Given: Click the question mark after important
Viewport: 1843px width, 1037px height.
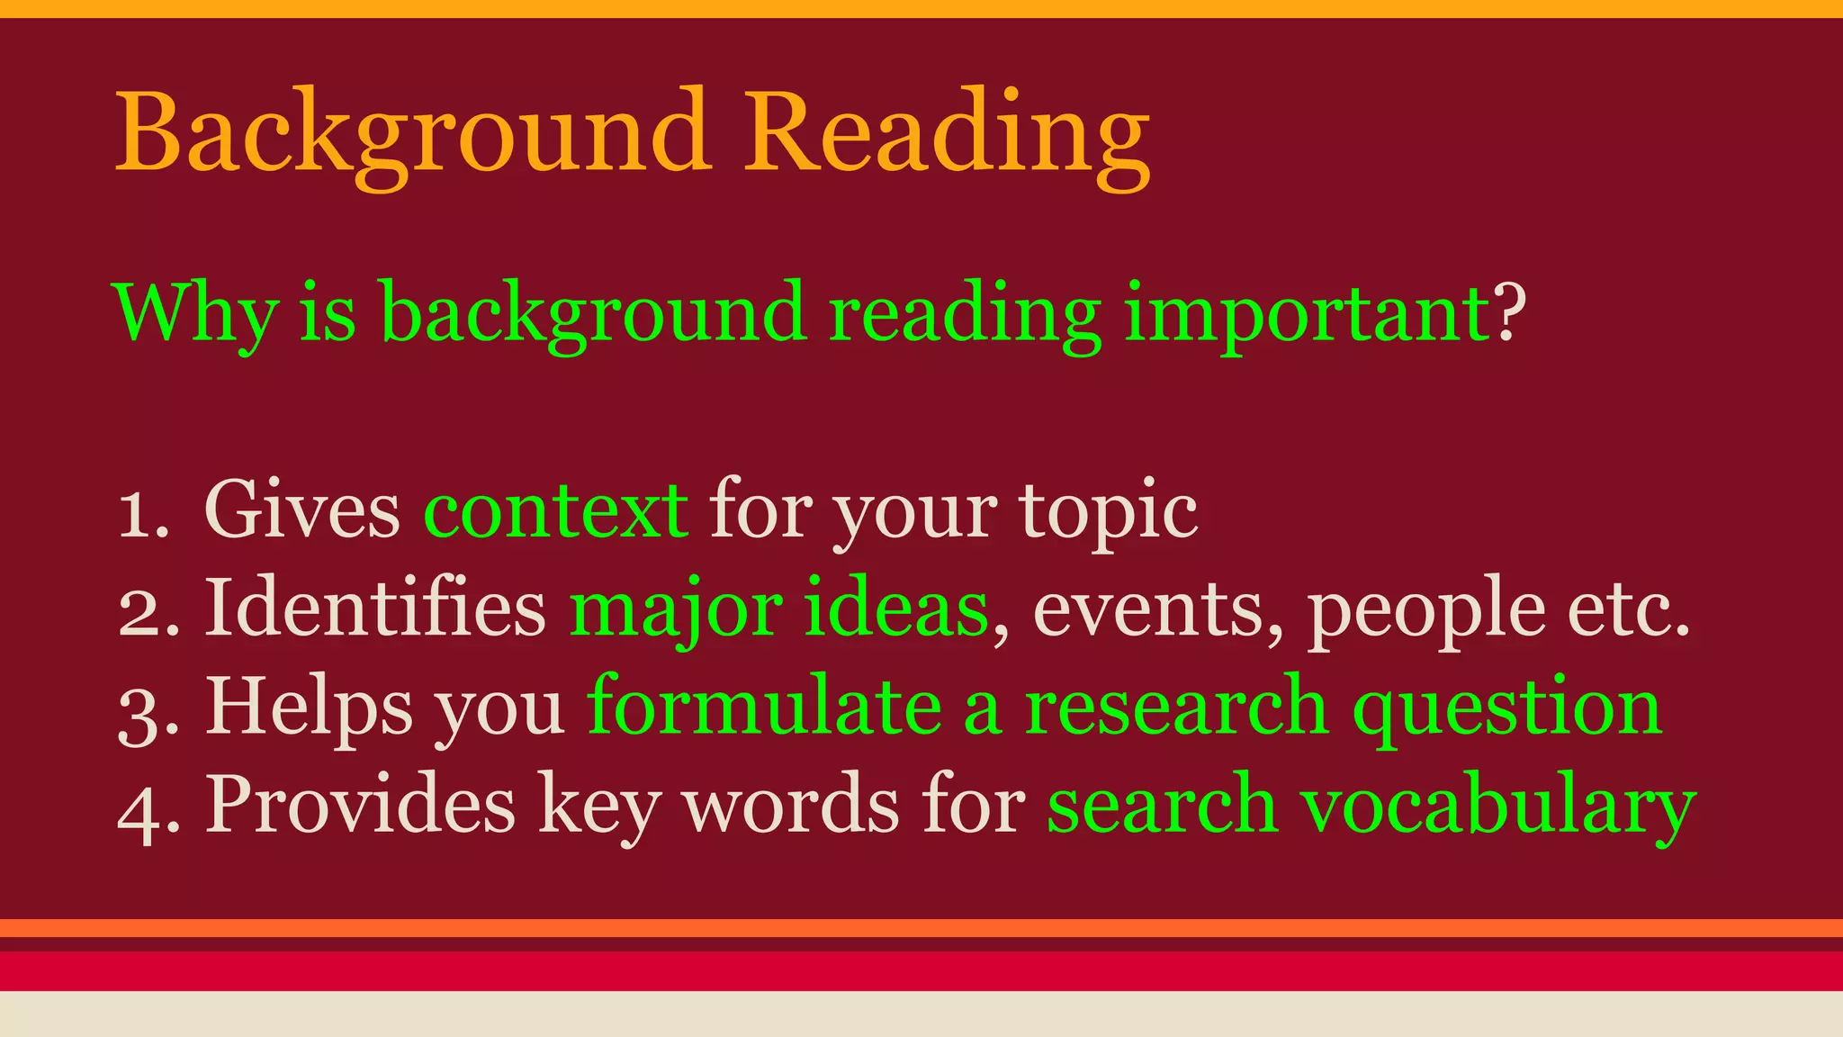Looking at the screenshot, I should pyautogui.click(x=1511, y=311).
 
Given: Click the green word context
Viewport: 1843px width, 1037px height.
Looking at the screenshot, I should pyautogui.click(x=556, y=511).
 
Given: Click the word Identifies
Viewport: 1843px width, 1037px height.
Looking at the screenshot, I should pyautogui.click(x=376, y=609).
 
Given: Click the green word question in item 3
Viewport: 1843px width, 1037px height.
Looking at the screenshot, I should pyautogui.click(x=1507, y=709).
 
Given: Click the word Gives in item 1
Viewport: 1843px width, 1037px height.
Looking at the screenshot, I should pyautogui.click(x=302, y=511).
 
